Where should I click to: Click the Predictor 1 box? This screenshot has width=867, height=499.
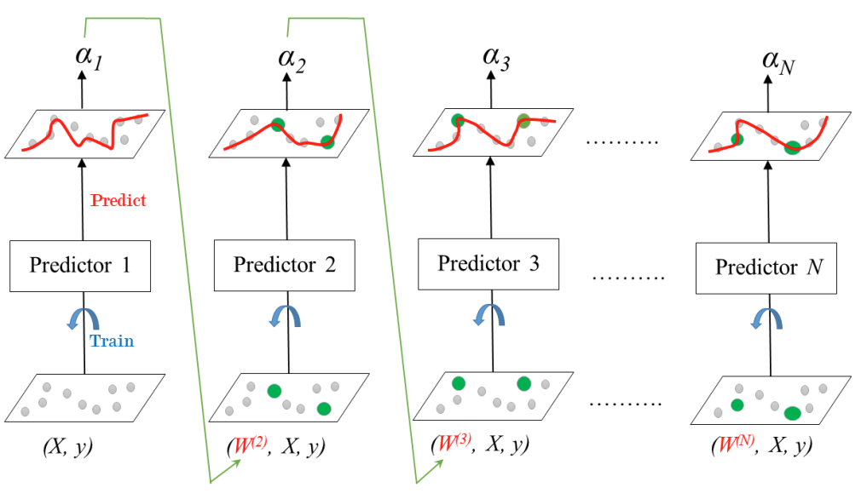pos(81,265)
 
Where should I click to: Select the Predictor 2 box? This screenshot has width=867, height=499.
pos(285,264)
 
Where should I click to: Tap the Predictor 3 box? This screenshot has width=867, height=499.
pos(488,263)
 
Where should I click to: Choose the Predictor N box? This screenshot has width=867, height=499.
pos(766,267)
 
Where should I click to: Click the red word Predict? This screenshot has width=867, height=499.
pos(118,200)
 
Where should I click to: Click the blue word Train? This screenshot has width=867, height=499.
pos(111,341)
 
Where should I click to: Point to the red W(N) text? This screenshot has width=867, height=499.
pos(732,445)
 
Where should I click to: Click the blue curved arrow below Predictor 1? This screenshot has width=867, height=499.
pos(80,320)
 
